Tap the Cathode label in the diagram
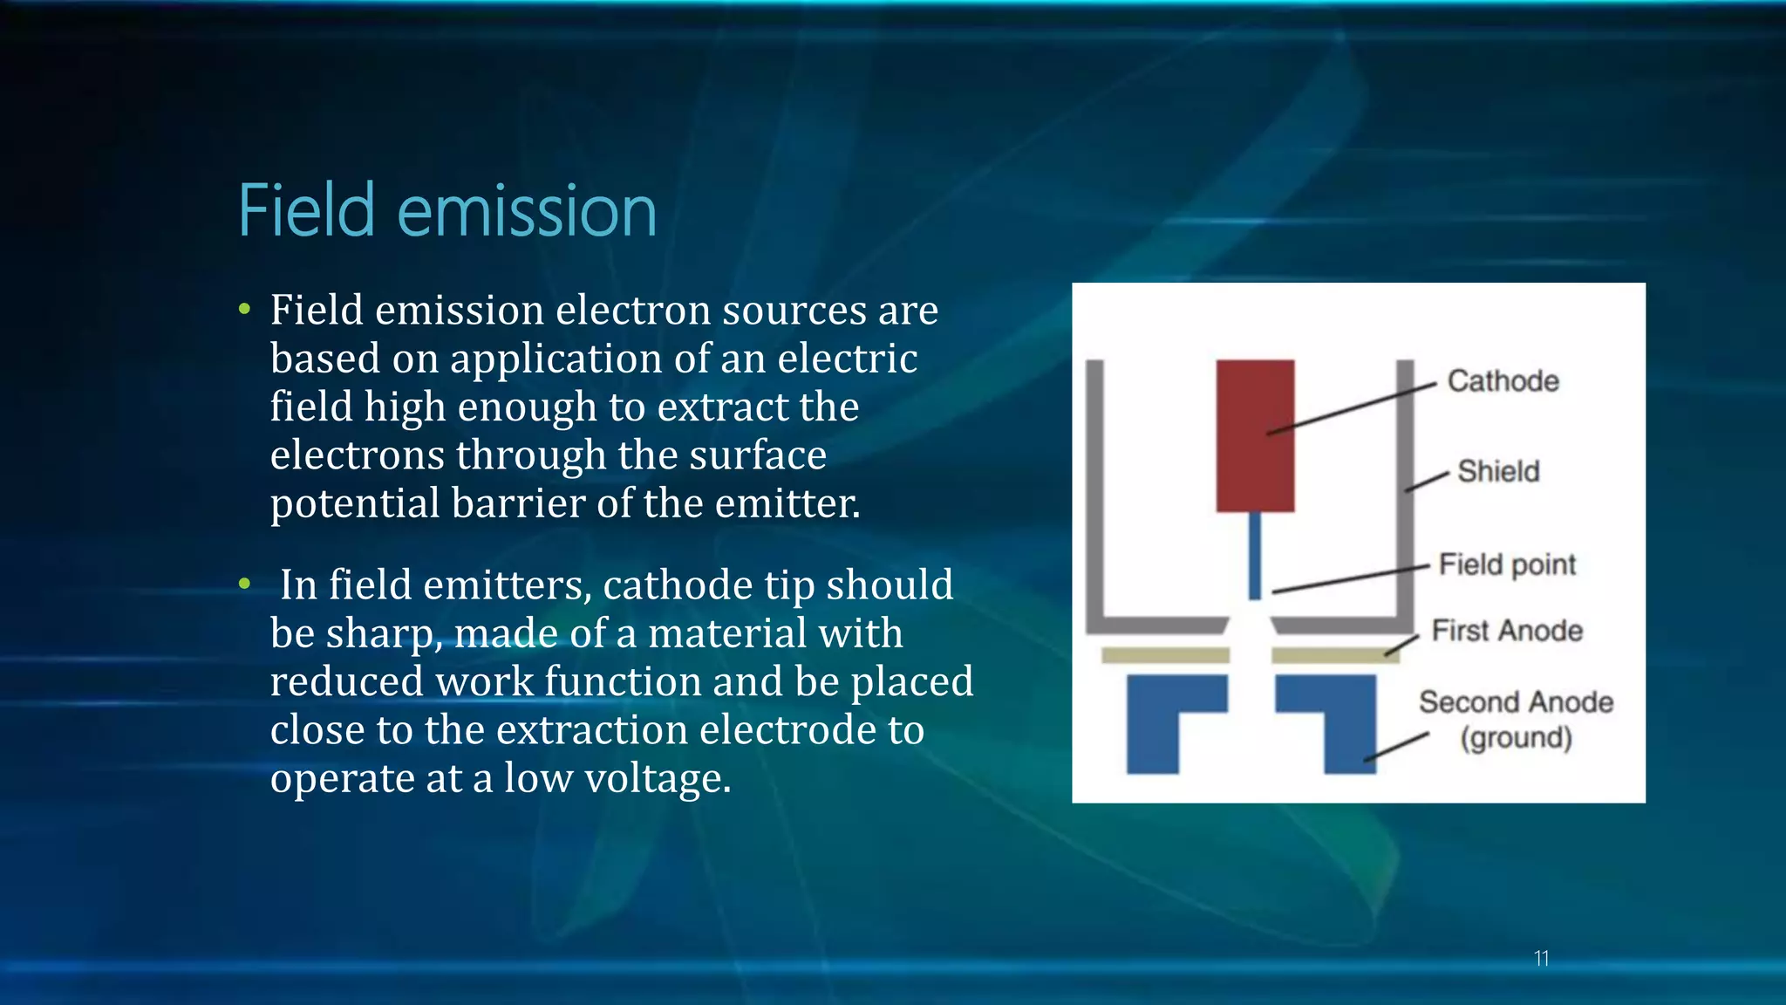pos(1503,381)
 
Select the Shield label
pos(1498,471)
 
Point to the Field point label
pos(1507,564)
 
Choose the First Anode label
pos(1507,630)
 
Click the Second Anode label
pos(1516,701)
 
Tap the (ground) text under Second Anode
pos(1517,738)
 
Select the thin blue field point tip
pos(1255,556)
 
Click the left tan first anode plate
pos(1165,655)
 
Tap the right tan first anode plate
pos(1334,655)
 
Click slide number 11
pos(1541,959)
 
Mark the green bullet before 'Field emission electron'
pos(245,309)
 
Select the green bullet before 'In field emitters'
pos(245,584)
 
